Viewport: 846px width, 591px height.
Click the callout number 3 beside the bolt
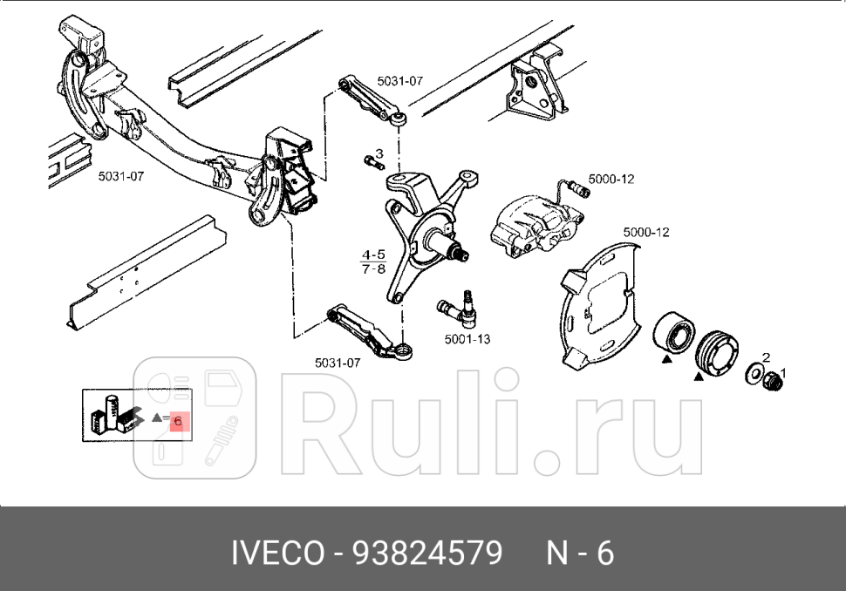coord(379,153)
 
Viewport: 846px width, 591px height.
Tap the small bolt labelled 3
coord(373,162)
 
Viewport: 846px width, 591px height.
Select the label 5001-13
coord(467,339)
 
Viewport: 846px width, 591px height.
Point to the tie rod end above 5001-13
coord(456,306)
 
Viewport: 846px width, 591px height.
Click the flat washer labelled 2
coord(751,375)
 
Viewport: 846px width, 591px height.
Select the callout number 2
coord(766,357)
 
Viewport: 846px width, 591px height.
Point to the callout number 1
coord(782,373)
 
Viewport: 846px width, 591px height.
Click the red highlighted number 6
coord(178,422)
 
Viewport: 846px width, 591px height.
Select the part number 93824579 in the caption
coord(427,553)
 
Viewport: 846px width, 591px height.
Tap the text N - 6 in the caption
coord(580,553)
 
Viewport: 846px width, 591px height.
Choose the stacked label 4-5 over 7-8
coord(372,262)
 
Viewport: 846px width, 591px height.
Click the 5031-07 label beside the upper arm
coord(399,81)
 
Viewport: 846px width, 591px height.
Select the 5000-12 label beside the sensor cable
coord(611,179)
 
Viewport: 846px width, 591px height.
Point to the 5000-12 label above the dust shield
coord(646,232)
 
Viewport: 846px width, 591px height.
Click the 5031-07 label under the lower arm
coord(338,362)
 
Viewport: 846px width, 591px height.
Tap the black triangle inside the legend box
coord(157,418)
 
